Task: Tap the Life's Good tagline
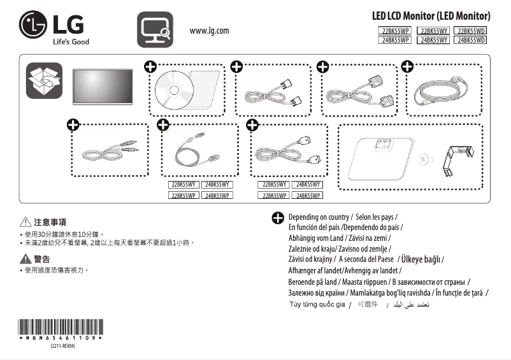(71, 42)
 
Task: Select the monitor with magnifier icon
(155, 29)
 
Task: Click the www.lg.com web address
(209, 31)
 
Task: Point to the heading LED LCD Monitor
(431, 15)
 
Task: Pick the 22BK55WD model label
(471, 30)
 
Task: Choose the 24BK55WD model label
(471, 40)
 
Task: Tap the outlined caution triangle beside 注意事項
(25, 222)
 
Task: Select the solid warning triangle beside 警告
(25, 259)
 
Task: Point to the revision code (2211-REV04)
(62, 346)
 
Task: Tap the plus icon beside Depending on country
(278, 218)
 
